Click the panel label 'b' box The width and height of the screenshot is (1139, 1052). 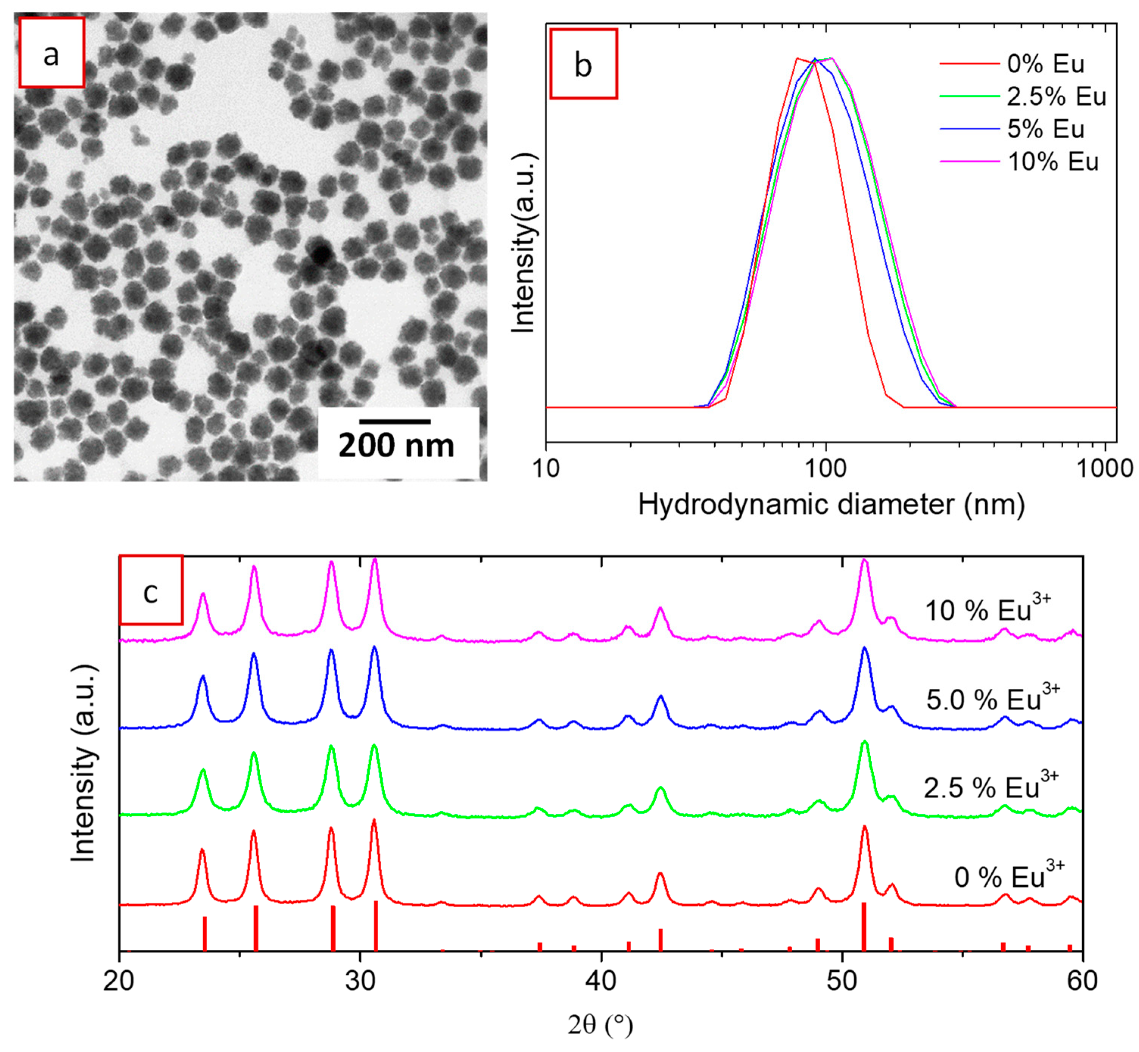(584, 64)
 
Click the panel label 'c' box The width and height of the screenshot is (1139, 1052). (151, 590)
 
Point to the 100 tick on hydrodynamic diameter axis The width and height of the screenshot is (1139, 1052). (826, 468)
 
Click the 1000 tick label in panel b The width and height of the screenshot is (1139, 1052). (1104, 468)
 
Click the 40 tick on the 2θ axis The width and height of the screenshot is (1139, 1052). (601, 980)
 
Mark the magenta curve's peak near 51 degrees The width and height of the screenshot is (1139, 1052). (864, 560)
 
